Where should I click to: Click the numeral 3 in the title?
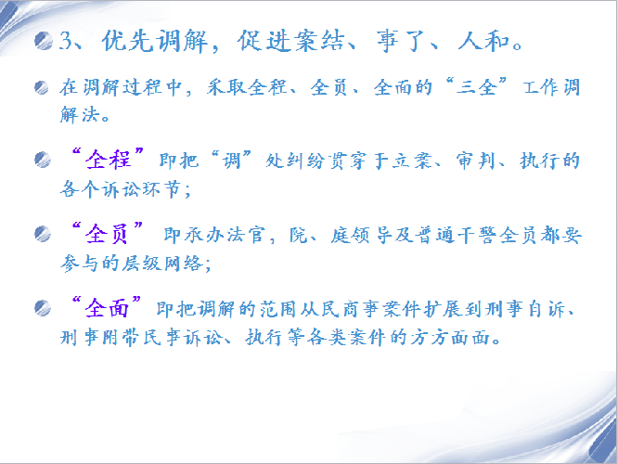(x=66, y=41)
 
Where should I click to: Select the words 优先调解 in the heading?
(x=154, y=41)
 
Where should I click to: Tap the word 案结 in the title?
(x=319, y=41)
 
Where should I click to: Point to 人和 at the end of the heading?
(x=483, y=41)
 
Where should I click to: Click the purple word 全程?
(x=108, y=160)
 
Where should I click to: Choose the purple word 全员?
(x=107, y=234)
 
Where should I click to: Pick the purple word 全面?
(x=107, y=308)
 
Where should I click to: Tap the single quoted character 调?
(x=231, y=161)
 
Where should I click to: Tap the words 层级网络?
(x=162, y=264)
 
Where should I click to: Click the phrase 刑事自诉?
(x=525, y=309)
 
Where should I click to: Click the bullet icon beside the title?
(x=44, y=41)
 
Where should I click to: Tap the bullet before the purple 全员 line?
(x=43, y=234)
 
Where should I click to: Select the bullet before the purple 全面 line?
(x=43, y=308)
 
